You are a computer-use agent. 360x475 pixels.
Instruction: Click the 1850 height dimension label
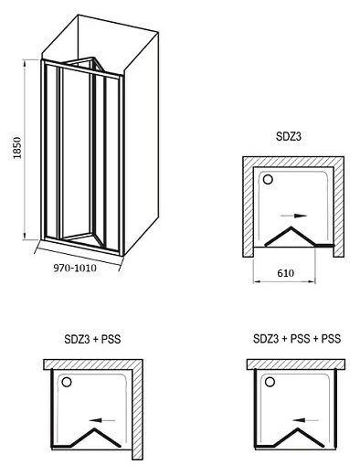[x=17, y=148]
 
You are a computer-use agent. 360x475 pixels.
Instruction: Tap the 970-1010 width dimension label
[x=75, y=268]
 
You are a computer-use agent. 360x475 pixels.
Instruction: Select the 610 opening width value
[x=286, y=273]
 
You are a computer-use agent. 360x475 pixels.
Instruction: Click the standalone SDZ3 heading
[x=289, y=137]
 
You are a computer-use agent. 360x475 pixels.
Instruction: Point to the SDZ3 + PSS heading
[x=92, y=339]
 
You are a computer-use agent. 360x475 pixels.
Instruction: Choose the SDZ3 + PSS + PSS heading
[x=297, y=339]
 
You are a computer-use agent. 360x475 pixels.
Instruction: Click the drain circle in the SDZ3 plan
[x=268, y=179]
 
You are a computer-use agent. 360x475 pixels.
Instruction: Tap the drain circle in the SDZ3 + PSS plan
[x=67, y=382]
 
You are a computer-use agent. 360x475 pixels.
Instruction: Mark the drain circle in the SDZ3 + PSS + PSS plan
[x=270, y=382]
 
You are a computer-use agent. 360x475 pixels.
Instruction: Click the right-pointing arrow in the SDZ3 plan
[x=293, y=216]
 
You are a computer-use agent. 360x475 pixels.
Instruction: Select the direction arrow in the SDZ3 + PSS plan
[x=102, y=420]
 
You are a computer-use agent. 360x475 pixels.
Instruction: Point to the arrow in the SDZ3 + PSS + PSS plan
[x=306, y=420]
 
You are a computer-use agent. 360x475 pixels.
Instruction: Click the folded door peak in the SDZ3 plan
[x=291, y=227]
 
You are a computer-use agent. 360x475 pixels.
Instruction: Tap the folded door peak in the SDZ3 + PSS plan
[x=95, y=429]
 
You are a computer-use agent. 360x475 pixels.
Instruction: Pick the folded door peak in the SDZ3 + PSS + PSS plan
[x=298, y=429]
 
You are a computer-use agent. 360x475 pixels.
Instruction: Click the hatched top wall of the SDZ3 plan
[x=293, y=162]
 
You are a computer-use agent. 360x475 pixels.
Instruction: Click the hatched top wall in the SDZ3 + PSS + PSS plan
[x=296, y=364]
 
